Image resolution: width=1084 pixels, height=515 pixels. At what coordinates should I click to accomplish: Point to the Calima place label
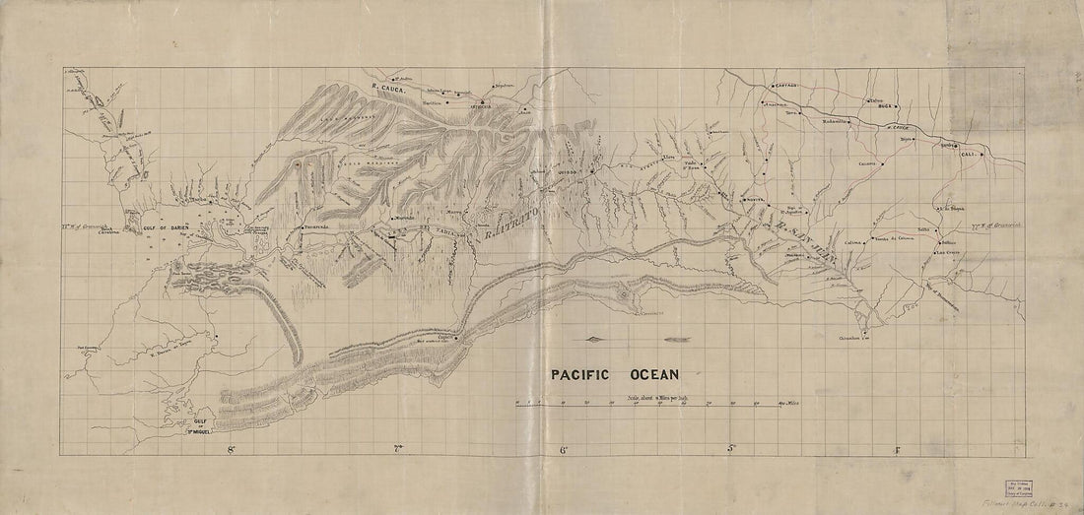(853, 241)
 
